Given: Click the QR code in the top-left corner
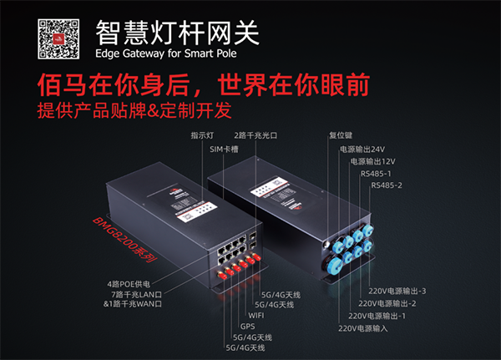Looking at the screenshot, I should pyautogui.click(x=59, y=36).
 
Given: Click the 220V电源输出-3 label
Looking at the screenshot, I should pyautogui.click(x=398, y=291).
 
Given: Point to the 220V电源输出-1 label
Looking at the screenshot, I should pyautogui.click(x=372, y=316).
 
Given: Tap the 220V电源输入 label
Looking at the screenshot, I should pyautogui.click(x=364, y=328).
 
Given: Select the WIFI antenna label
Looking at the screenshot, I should pyautogui.click(x=259, y=316).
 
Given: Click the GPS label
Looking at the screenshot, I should pyautogui.click(x=248, y=326).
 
